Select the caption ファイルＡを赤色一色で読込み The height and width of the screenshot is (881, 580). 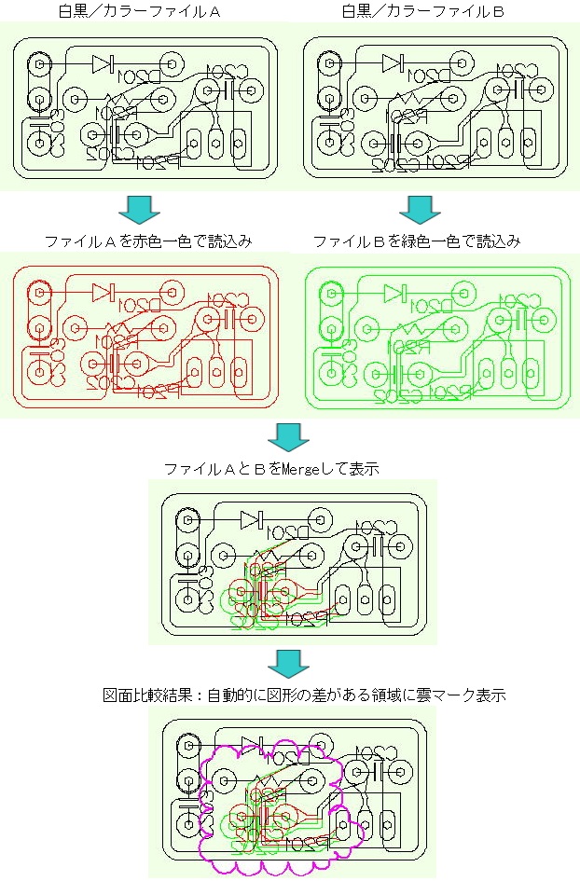tap(148, 241)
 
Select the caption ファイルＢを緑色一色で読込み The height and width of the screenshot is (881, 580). tap(416, 241)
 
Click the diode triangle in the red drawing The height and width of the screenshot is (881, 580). tap(102, 291)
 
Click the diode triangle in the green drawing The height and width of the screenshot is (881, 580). tap(394, 293)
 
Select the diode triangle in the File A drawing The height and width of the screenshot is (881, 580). tap(102, 63)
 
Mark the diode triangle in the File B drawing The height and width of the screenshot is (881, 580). tap(393, 63)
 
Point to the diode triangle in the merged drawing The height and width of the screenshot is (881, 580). tap(250, 518)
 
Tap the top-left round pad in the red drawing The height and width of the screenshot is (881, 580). tap(39, 293)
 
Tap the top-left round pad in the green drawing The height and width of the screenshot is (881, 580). tap(328, 294)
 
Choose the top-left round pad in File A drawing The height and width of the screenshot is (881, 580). tap(39, 65)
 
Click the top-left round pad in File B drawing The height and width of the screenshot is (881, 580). tap(328, 65)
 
